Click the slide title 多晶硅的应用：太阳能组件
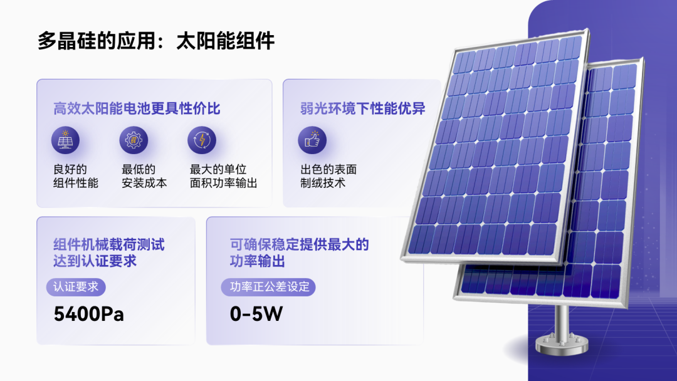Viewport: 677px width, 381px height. click(x=156, y=41)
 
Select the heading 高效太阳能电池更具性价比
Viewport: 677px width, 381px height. click(x=137, y=108)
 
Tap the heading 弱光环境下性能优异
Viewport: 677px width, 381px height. click(x=363, y=108)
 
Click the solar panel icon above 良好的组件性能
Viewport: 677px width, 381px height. click(x=65, y=140)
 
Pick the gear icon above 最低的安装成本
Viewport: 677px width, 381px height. click(x=134, y=140)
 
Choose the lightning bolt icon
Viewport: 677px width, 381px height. click(x=202, y=140)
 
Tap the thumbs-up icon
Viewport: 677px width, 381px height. click(x=312, y=140)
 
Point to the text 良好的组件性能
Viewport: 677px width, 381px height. click(x=76, y=176)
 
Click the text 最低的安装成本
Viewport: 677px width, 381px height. click(x=144, y=176)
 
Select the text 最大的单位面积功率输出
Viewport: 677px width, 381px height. click(x=224, y=176)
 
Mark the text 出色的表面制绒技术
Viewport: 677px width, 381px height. click(x=328, y=176)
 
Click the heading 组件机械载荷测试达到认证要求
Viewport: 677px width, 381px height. click(x=109, y=253)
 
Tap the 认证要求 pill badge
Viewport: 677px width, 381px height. click(x=76, y=287)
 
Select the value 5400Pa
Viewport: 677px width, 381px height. click(x=89, y=314)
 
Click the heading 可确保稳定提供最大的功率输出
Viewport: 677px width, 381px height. click(x=299, y=253)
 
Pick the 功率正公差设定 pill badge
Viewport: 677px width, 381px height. click(x=268, y=287)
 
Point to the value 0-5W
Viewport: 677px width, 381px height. click(x=256, y=314)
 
